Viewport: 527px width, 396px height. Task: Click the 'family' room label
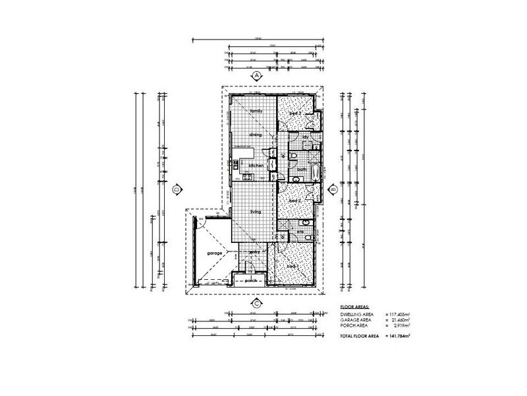[256, 111]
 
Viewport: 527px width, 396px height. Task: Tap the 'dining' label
[256, 135]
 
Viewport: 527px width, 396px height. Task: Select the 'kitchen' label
[256, 165]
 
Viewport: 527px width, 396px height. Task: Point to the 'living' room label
[256, 212]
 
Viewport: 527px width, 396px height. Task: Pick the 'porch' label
[251, 280]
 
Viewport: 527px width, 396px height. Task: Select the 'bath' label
[302, 170]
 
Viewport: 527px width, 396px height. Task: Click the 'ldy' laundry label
[306, 137]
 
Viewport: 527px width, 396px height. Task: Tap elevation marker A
[256, 76]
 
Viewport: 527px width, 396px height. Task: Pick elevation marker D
[177, 190]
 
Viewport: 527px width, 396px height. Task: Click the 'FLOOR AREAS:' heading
[354, 308]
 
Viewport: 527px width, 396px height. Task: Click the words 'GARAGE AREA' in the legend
[354, 320]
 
